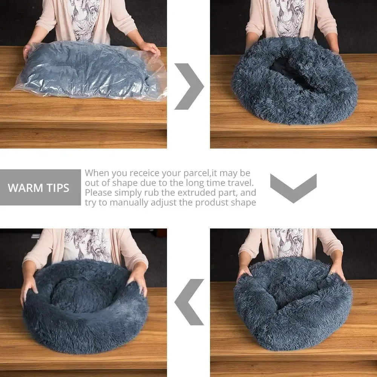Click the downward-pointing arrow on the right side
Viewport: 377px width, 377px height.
(293, 187)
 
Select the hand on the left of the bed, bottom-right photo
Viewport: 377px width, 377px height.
(243, 272)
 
